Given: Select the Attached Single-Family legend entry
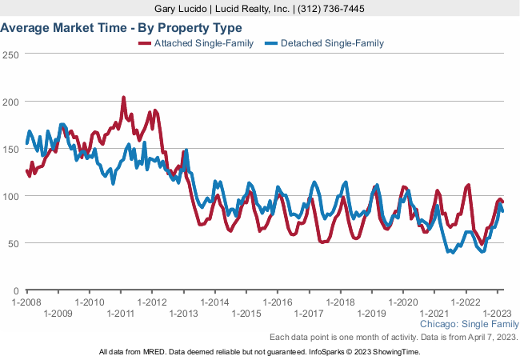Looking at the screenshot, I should point(197,43).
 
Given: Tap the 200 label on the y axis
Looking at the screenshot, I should point(10,102).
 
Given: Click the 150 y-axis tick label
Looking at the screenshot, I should point(10,149).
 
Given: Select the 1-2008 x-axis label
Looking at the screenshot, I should point(26,302).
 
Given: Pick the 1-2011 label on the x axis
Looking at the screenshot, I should point(121,313).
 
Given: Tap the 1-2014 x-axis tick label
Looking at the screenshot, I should point(215,302).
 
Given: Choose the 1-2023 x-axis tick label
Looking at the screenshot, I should point(497,313).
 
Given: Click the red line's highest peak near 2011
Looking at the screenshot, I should point(123,98).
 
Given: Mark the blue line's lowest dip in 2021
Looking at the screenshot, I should point(452,252).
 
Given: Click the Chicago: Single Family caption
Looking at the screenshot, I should point(469,325).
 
